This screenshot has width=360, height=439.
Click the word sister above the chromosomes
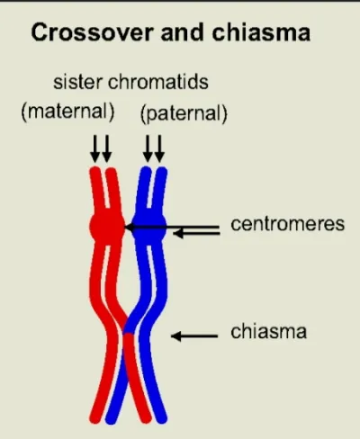tap(77, 82)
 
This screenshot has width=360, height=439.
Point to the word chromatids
tap(157, 82)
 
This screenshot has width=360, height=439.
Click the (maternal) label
tap(67, 112)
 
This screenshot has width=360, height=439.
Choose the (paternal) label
tap(184, 114)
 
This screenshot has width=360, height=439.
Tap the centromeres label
tap(288, 224)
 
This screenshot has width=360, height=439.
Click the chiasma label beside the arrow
tap(268, 331)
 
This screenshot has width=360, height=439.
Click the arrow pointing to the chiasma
tap(194, 336)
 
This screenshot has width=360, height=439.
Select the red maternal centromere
tap(107, 227)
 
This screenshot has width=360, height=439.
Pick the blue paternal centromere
tap(149, 228)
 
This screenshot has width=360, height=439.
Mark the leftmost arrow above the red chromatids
tap(95, 148)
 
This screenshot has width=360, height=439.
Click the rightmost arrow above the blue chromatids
tap(159, 148)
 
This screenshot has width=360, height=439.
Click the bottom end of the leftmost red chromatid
tap(94, 418)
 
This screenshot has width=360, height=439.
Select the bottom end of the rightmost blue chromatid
tap(161, 418)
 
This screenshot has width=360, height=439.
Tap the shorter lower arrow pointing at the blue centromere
tap(196, 233)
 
